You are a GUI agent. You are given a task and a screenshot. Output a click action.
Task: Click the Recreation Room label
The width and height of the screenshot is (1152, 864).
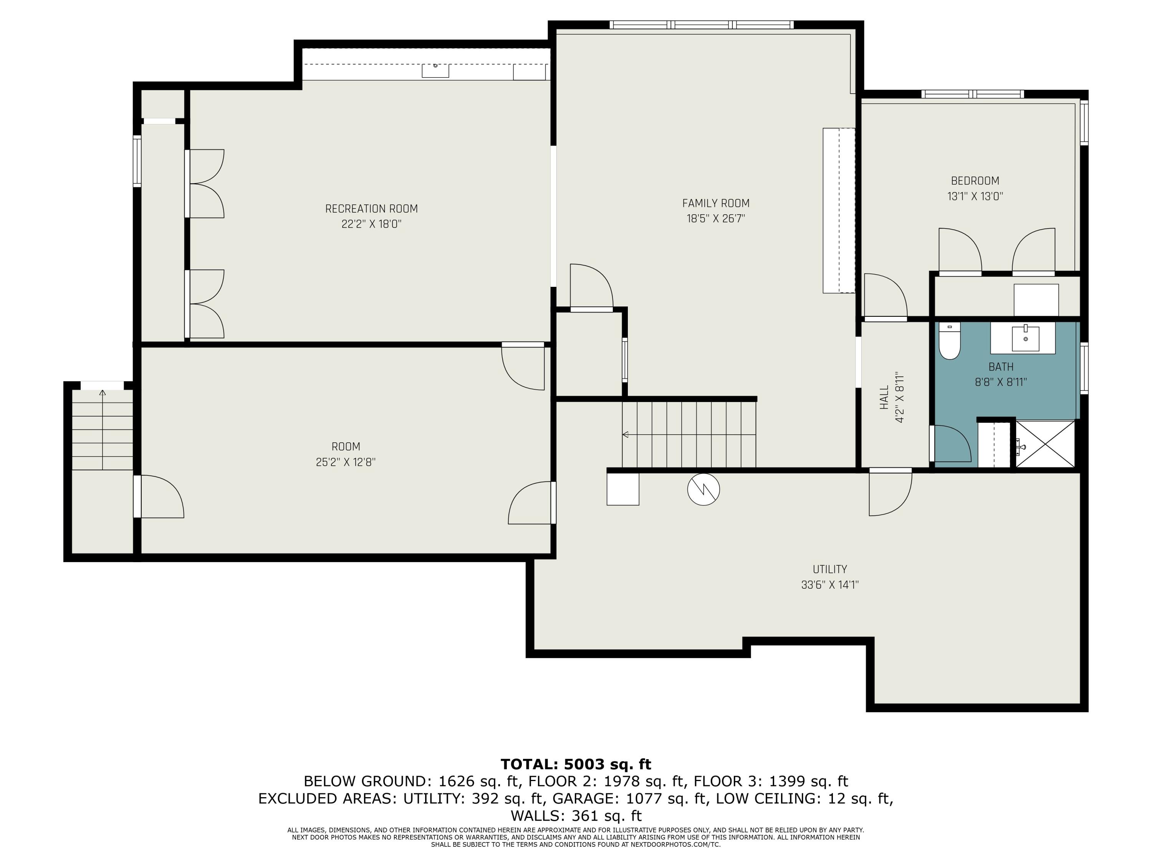click(371, 209)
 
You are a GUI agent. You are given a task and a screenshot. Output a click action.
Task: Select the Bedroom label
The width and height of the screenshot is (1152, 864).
click(975, 181)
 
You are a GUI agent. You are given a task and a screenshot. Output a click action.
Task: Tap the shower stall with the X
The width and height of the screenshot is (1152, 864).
click(1045, 444)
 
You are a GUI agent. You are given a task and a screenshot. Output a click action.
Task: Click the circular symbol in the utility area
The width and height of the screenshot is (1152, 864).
click(703, 489)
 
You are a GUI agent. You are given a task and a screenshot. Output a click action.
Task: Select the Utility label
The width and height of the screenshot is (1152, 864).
click(829, 569)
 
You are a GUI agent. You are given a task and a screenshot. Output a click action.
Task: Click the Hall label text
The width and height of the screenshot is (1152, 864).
click(884, 397)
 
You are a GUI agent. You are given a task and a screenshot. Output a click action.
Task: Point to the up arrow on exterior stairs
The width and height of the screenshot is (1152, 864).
click(103, 393)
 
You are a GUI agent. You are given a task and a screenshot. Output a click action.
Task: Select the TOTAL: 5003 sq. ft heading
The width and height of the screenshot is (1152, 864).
click(576, 764)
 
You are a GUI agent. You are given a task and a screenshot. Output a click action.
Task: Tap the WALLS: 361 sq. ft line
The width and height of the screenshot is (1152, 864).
click(576, 816)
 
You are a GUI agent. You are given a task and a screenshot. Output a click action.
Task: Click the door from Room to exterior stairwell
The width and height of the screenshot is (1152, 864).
click(159, 496)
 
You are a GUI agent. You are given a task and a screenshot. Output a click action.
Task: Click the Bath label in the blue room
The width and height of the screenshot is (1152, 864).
click(1000, 367)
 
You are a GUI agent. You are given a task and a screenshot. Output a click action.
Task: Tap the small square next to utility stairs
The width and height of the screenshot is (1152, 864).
click(623, 489)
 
